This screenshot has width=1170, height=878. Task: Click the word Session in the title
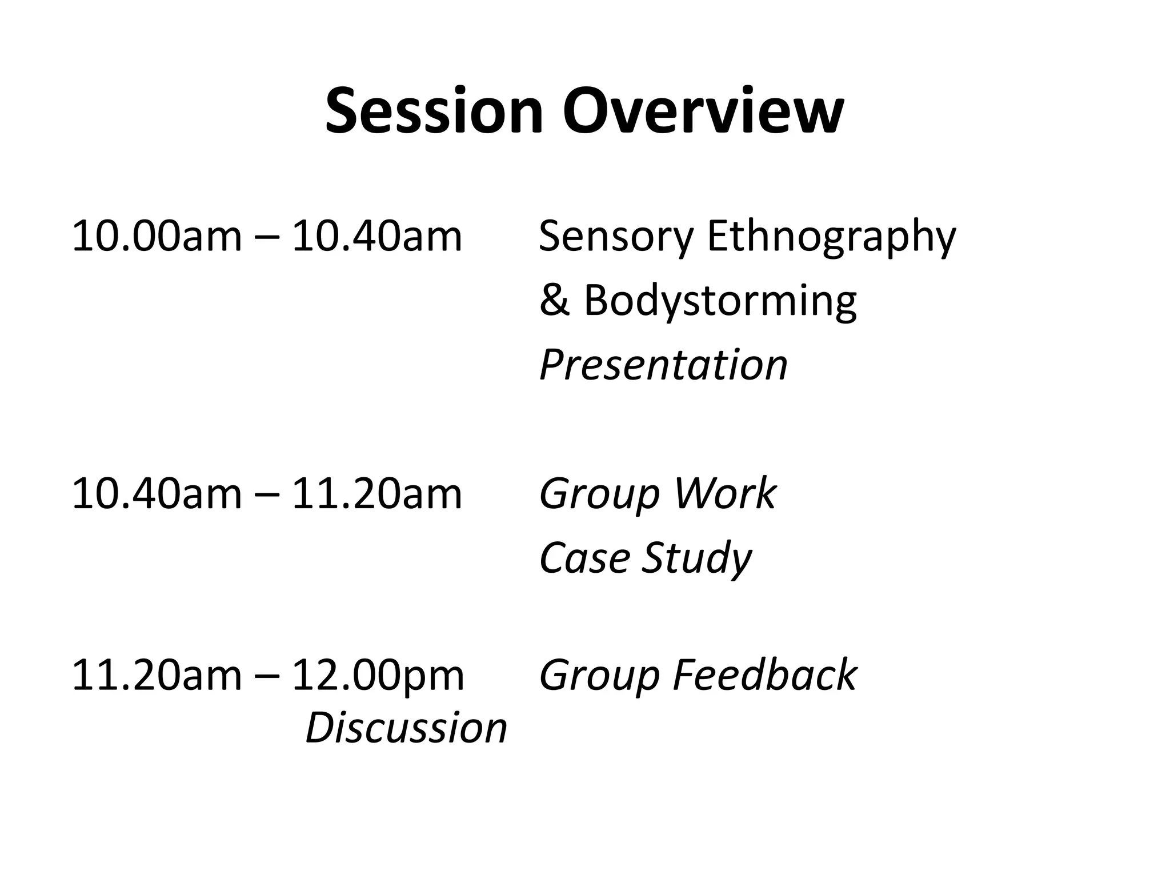pyautogui.click(x=434, y=111)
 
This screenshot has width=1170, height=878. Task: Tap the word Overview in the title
pyautogui.click(x=703, y=111)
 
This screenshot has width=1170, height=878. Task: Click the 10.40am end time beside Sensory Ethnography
pyautogui.click(x=376, y=236)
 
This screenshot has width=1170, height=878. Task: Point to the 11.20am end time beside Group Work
pyautogui.click(x=376, y=494)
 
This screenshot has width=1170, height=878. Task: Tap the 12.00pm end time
pyautogui.click(x=378, y=675)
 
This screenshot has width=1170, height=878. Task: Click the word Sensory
pyautogui.click(x=616, y=236)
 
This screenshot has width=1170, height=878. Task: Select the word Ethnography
pyautogui.click(x=831, y=236)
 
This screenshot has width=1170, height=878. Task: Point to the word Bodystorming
pyautogui.click(x=720, y=300)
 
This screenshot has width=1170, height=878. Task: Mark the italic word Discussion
pyautogui.click(x=406, y=728)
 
